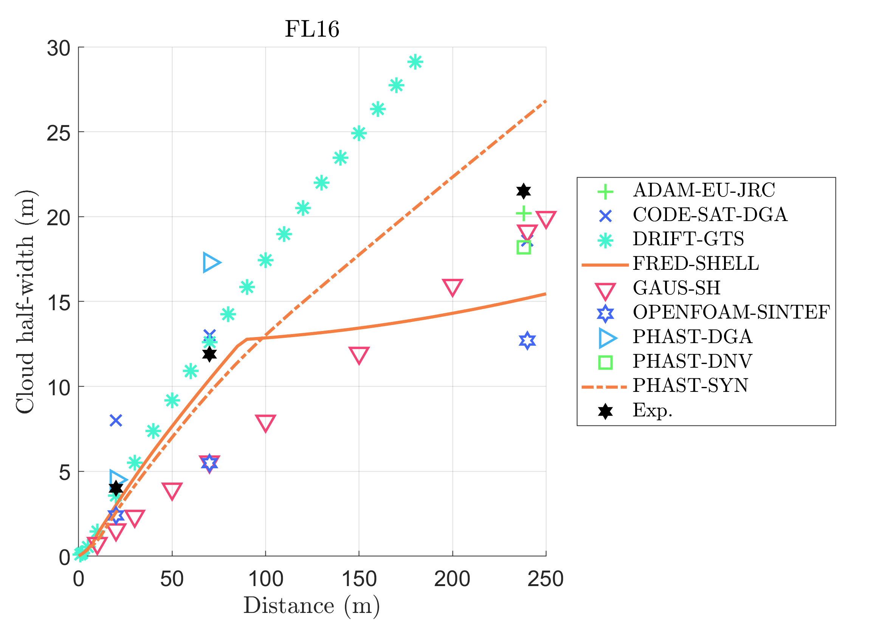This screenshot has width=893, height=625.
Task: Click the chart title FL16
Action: (x=312, y=29)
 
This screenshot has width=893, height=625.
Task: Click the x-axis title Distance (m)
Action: (x=312, y=605)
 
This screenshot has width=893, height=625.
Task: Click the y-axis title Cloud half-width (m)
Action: (x=26, y=302)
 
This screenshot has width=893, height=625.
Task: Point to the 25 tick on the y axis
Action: (x=59, y=133)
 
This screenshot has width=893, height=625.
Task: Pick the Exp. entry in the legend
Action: (x=653, y=410)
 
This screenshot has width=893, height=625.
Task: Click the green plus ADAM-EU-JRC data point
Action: (x=524, y=213)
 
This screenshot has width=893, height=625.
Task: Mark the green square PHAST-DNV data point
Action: (x=524, y=247)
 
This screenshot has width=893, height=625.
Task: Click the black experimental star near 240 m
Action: (x=524, y=191)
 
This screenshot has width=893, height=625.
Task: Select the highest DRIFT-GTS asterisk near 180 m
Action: (x=415, y=62)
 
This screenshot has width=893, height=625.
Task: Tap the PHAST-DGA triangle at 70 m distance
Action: (x=211, y=262)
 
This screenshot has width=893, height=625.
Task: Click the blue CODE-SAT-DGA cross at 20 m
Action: (x=116, y=420)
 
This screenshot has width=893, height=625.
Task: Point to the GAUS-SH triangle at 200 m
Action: (x=452, y=287)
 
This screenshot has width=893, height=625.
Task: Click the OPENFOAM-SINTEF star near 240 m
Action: (x=527, y=340)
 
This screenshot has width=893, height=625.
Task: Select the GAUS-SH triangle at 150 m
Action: (x=359, y=355)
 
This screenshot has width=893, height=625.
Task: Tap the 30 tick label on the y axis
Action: (x=59, y=49)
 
